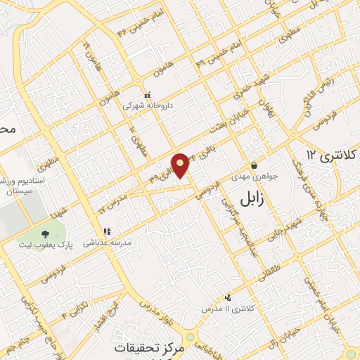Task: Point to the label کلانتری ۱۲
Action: click(x=333, y=154)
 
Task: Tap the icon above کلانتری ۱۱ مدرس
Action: click(x=227, y=298)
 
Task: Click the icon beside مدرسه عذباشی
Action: click(x=107, y=231)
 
